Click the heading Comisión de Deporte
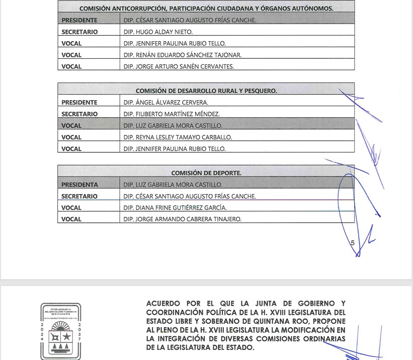[206, 173]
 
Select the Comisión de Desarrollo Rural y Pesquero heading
[206, 91]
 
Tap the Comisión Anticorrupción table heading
[206, 9]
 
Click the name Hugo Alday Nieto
[157, 32]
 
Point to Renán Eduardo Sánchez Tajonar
[182, 55]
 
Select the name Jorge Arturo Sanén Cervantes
[179, 66]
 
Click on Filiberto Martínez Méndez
[171, 114]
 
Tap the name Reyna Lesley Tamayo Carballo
[178, 137]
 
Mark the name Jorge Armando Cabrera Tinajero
[182, 219]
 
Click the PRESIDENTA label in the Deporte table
[79, 185]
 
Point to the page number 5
[353, 243]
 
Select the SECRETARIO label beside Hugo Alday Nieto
[79, 32]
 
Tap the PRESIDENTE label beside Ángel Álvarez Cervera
[79, 103]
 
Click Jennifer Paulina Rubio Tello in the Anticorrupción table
[174, 43]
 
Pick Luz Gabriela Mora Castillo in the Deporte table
[173, 185]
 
